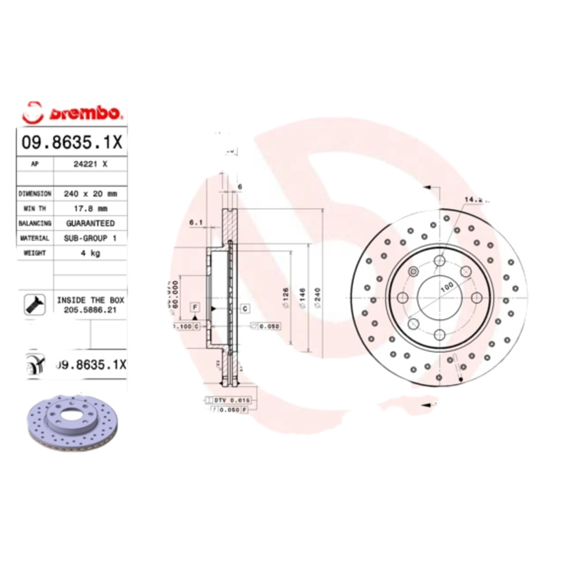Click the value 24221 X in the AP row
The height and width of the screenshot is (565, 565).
coord(90,163)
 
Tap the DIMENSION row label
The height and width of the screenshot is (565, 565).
coord(35,193)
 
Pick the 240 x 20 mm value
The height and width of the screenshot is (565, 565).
coord(90,193)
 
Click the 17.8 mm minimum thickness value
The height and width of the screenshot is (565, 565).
coord(90,208)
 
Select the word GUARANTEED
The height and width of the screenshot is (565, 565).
coord(90,223)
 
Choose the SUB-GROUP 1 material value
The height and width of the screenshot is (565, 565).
coord(90,239)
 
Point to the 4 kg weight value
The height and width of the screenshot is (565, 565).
coord(90,253)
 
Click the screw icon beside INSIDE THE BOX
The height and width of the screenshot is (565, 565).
coord(33,304)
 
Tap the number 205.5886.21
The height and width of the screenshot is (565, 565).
coord(90,309)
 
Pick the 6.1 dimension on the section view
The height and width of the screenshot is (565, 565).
coord(196,223)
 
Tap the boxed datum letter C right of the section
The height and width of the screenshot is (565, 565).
coord(244,308)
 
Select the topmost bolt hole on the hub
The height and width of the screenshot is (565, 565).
coord(439,261)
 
